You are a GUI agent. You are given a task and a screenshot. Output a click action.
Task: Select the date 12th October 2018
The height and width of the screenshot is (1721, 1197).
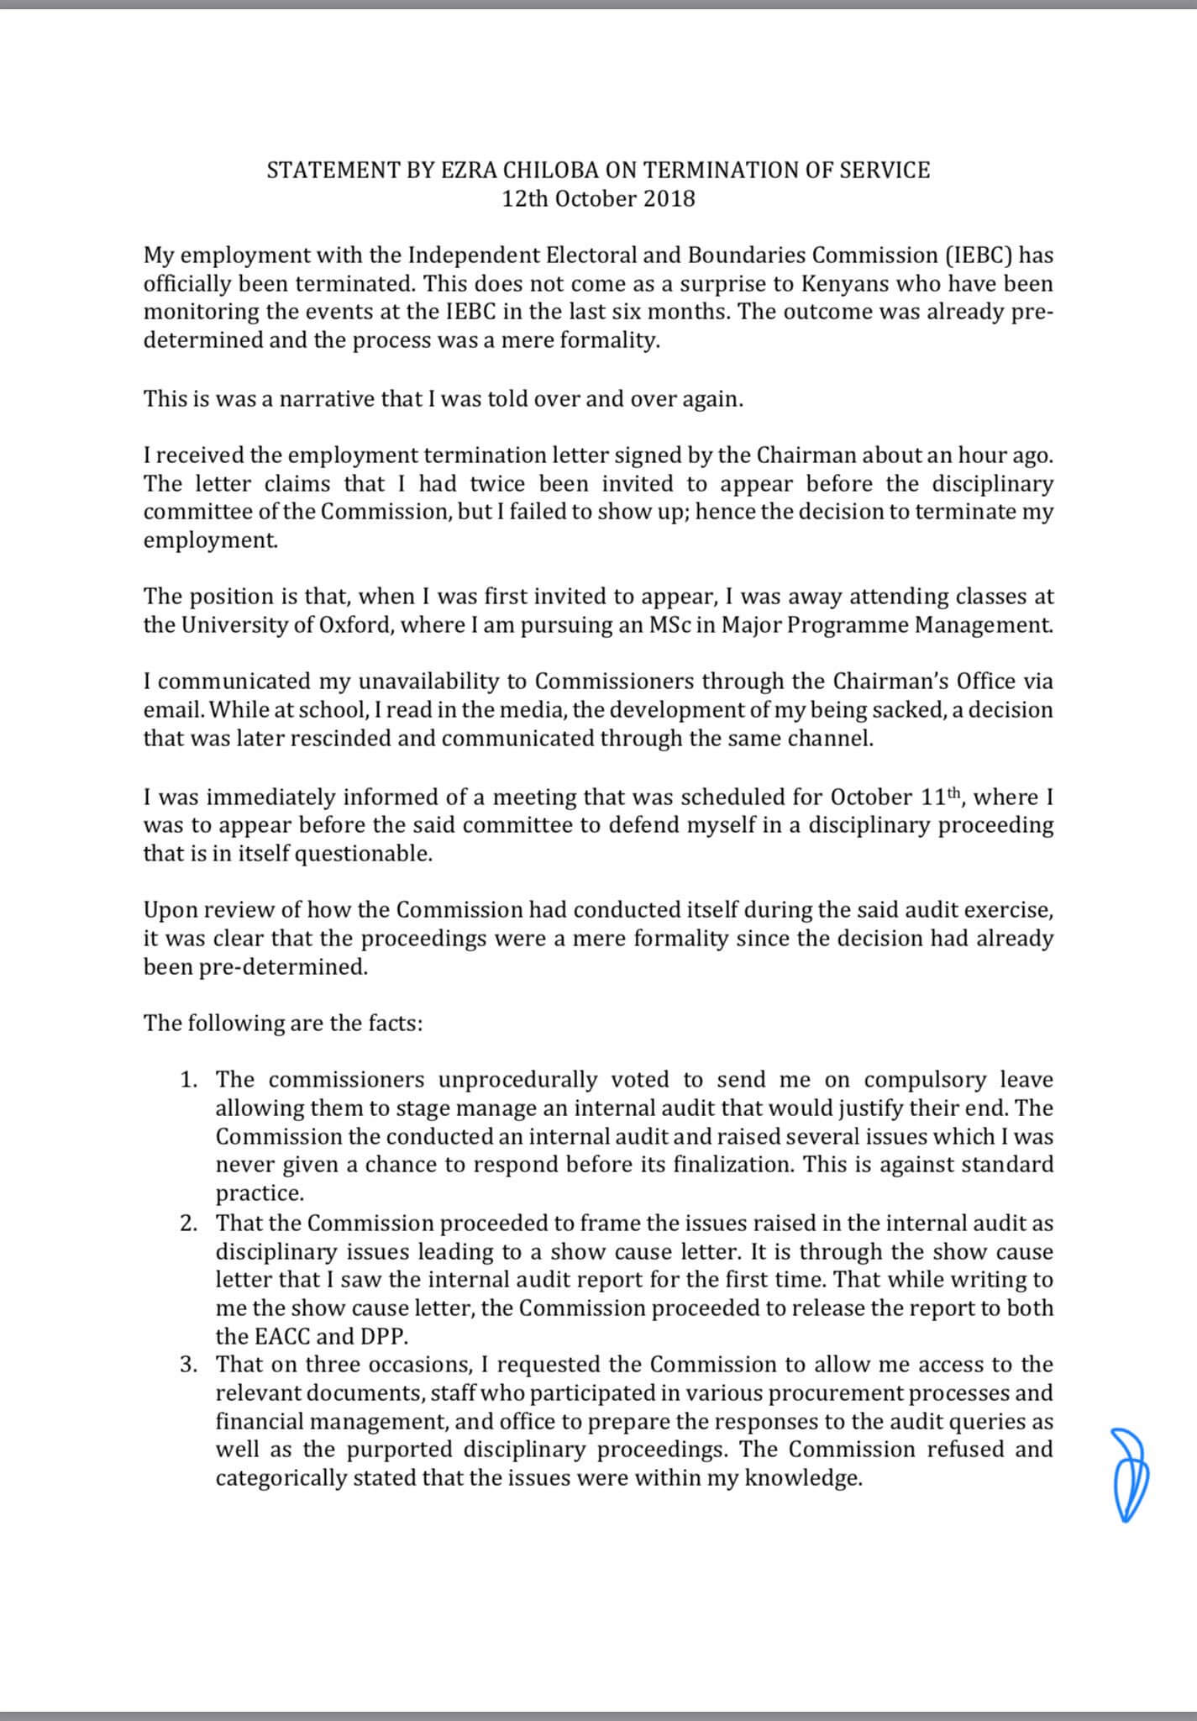coord(598,199)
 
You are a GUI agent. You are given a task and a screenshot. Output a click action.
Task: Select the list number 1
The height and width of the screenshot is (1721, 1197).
coord(188,1080)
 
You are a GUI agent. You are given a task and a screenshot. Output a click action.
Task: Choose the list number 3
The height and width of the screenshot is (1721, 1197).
coord(188,1365)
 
